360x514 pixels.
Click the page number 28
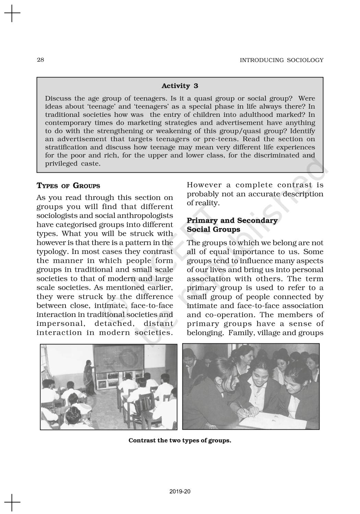tap(40, 60)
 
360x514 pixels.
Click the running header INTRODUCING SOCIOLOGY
tap(281, 60)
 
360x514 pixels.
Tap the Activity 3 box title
tap(180, 86)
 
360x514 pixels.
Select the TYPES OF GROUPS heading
tap(68, 186)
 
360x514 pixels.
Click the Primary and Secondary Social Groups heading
tap(232, 225)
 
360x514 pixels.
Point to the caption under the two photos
tap(180, 441)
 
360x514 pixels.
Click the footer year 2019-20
tap(180, 492)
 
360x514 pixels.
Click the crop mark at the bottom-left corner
tap(12, 502)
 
